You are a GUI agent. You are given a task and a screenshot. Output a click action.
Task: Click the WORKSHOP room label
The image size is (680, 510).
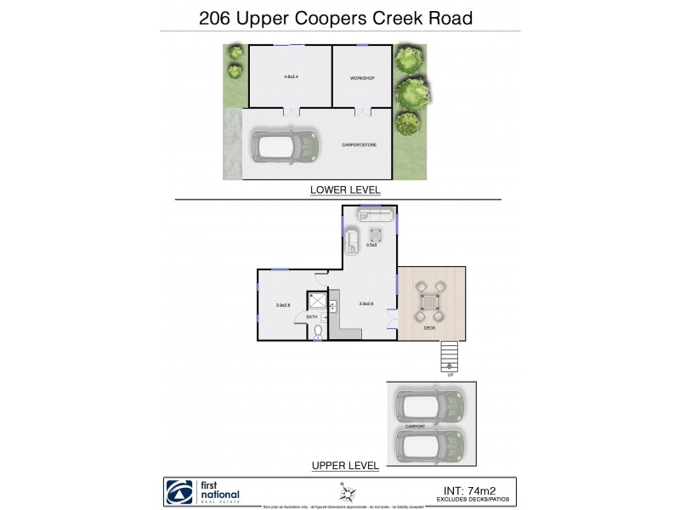click(x=362, y=78)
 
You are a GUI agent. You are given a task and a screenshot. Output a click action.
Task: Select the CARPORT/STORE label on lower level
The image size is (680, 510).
click(x=359, y=144)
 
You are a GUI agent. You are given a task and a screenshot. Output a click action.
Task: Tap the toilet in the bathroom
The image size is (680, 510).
click(x=317, y=331)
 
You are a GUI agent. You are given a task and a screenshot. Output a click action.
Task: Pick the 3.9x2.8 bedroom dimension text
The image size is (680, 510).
click(x=283, y=305)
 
